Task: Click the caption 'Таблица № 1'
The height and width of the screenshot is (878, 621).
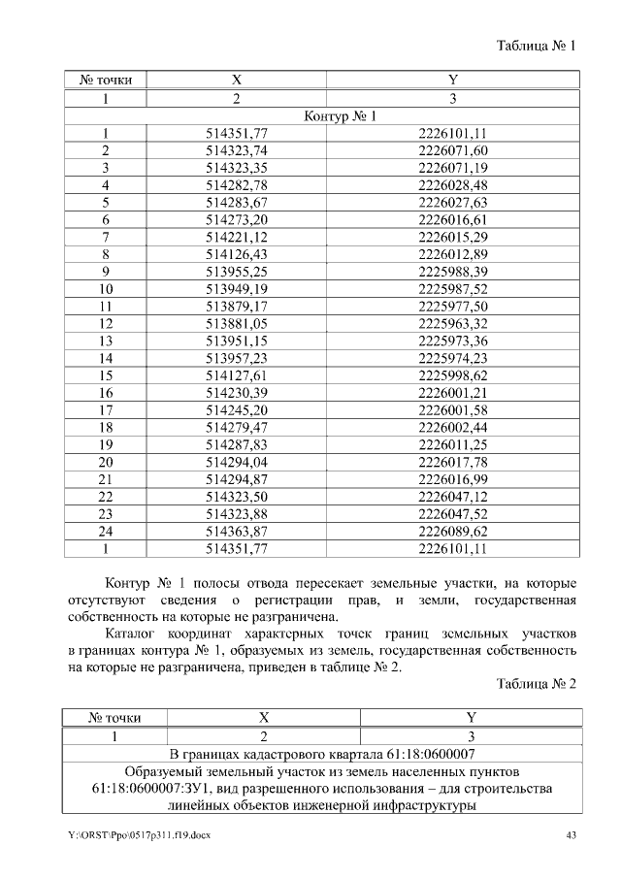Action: tap(537, 46)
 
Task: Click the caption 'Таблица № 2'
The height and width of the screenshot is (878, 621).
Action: tap(537, 683)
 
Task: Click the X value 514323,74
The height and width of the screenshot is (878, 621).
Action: tap(237, 150)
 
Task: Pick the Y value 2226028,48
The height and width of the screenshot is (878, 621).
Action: tap(452, 184)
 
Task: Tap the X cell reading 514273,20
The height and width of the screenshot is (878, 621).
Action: tap(237, 219)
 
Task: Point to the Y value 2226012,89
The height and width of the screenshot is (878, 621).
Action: tap(452, 254)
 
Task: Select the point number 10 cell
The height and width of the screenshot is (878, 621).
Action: tap(106, 289)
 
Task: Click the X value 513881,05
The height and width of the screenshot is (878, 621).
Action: tap(237, 323)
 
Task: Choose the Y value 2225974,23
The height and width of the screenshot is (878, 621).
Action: tap(452, 358)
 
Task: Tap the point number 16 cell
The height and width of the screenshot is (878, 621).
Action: tap(106, 392)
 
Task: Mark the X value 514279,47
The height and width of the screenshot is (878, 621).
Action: tap(237, 427)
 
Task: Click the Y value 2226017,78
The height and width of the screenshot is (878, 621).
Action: tap(452, 462)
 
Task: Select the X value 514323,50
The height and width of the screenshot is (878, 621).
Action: tap(237, 496)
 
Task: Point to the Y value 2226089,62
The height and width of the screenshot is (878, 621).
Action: tap(452, 531)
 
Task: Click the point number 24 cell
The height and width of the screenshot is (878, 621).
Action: tap(106, 531)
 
